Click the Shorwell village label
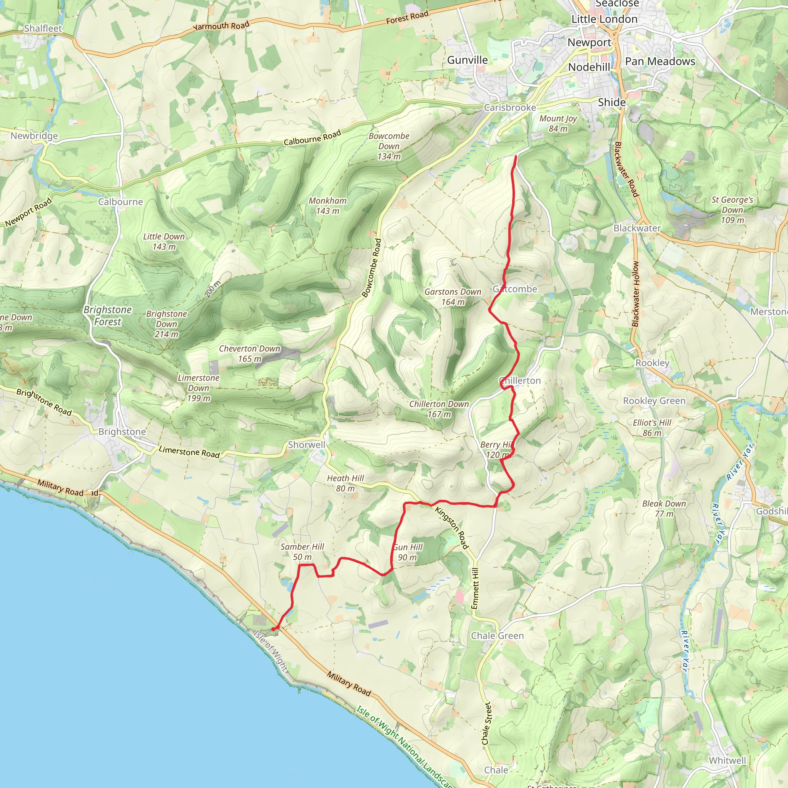(x=306, y=444)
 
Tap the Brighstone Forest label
(x=108, y=316)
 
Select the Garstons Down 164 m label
(x=453, y=297)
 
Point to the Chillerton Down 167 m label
(x=439, y=409)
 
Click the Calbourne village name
(x=120, y=202)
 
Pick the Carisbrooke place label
(x=510, y=108)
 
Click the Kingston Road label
(x=452, y=528)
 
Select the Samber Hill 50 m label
(x=302, y=552)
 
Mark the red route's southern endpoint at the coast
(x=273, y=629)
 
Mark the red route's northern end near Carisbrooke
(x=516, y=157)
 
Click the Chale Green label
(x=497, y=636)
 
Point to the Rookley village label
(x=652, y=363)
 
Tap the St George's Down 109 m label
(x=732, y=210)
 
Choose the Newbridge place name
(x=34, y=136)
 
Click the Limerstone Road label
(x=189, y=451)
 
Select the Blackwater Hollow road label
(x=636, y=294)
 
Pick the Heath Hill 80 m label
(x=345, y=483)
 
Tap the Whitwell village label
(x=727, y=761)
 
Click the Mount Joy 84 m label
(x=558, y=124)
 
